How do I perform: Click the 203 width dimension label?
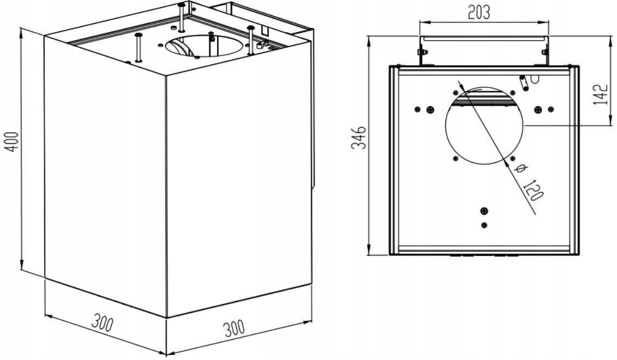[x=479, y=12]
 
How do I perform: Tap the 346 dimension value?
[x=358, y=138]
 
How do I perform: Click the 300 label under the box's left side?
[x=102, y=322]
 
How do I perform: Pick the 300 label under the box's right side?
[x=234, y=328]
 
